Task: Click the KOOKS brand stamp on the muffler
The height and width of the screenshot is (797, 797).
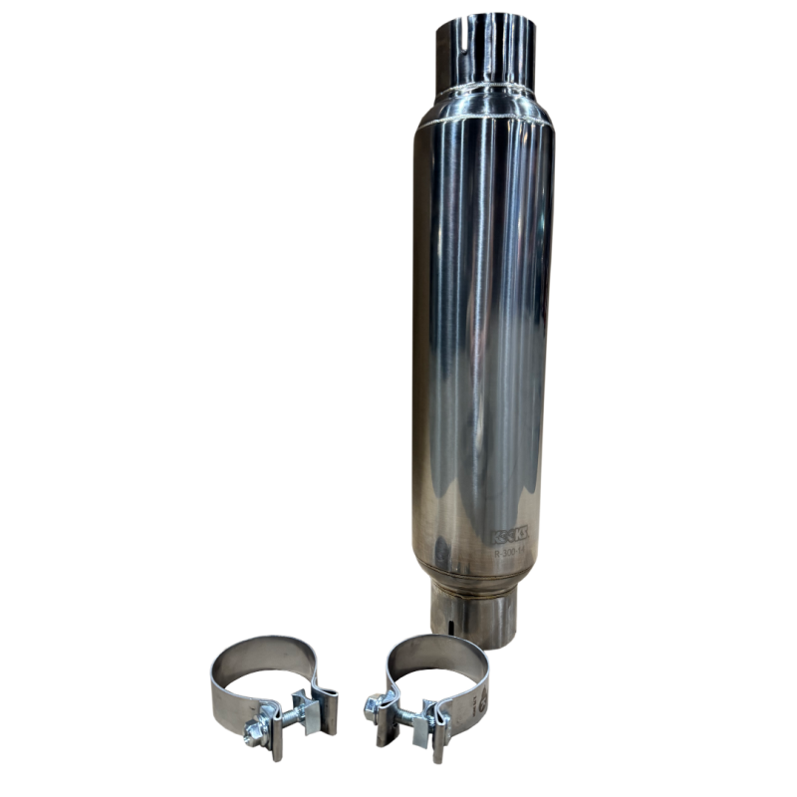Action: [x=508, y=536]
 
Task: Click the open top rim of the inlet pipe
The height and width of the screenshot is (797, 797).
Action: [x=484, y=18]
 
